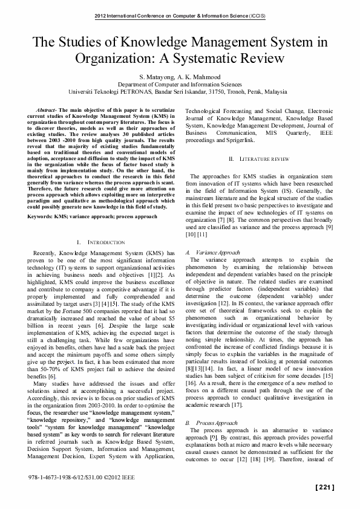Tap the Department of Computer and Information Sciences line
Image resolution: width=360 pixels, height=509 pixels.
[x=180, y=85]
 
